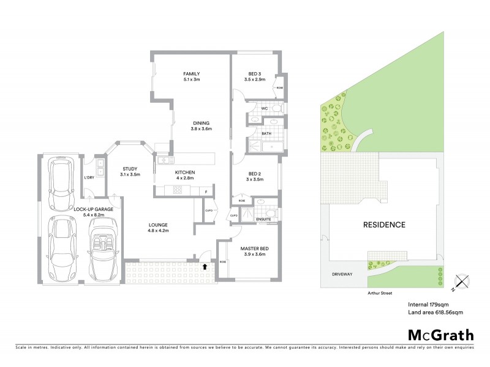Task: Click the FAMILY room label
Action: point(192,74)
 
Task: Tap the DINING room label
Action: point(200,121)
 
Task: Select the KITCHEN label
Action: point(184,172)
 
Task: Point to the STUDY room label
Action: point(130,169)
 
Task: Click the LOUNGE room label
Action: point(158,224)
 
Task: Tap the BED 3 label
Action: point(253,74)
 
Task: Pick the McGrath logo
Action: point(440,334)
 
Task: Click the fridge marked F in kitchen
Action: point(206,192)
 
